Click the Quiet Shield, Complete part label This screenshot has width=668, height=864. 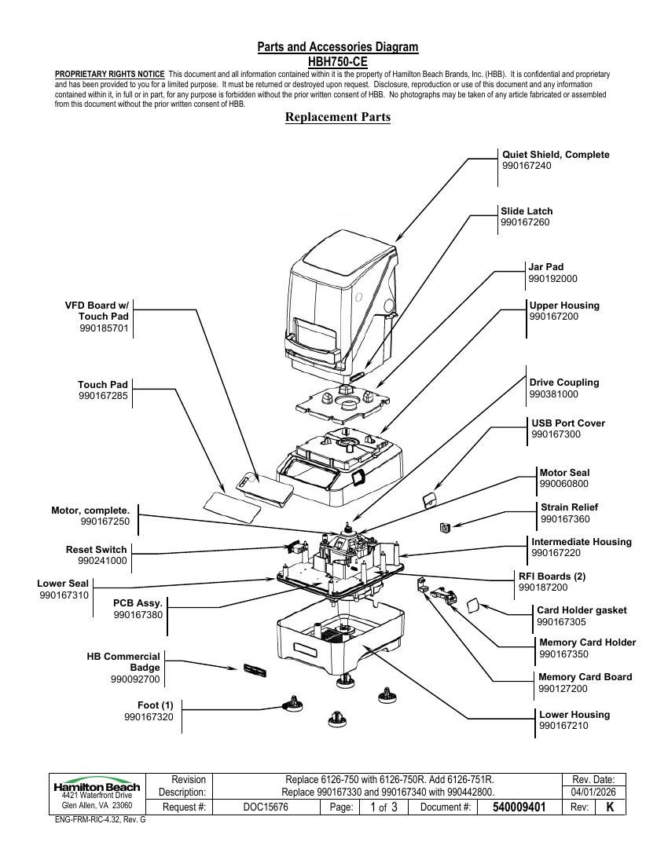[556, 155]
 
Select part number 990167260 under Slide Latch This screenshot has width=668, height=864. [525, 222]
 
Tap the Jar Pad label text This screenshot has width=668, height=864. [545, 267]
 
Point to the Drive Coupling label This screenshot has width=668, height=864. [563, 383]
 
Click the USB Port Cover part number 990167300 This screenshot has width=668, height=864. [556, 434]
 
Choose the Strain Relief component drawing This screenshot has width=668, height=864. [446, 527]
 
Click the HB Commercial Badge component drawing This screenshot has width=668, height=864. [255, 670]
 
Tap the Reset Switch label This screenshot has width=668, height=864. [96, 549]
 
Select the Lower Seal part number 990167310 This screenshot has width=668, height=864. [64, 595]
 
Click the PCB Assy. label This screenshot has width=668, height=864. [138, 603]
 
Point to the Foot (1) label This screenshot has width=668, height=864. [156, 705]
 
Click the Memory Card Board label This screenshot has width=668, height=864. [585, 676]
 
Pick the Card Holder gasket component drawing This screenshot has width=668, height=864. [473, 606]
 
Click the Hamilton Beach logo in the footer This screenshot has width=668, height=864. [97, 787]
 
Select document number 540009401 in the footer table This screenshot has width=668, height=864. [519, 807]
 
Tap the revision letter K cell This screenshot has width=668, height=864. [610, 807]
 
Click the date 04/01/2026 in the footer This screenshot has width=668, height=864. [593, 793]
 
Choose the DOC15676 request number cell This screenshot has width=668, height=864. [266, 807]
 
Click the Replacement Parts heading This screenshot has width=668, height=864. [338, 117]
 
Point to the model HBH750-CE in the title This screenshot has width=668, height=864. [338, 62]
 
